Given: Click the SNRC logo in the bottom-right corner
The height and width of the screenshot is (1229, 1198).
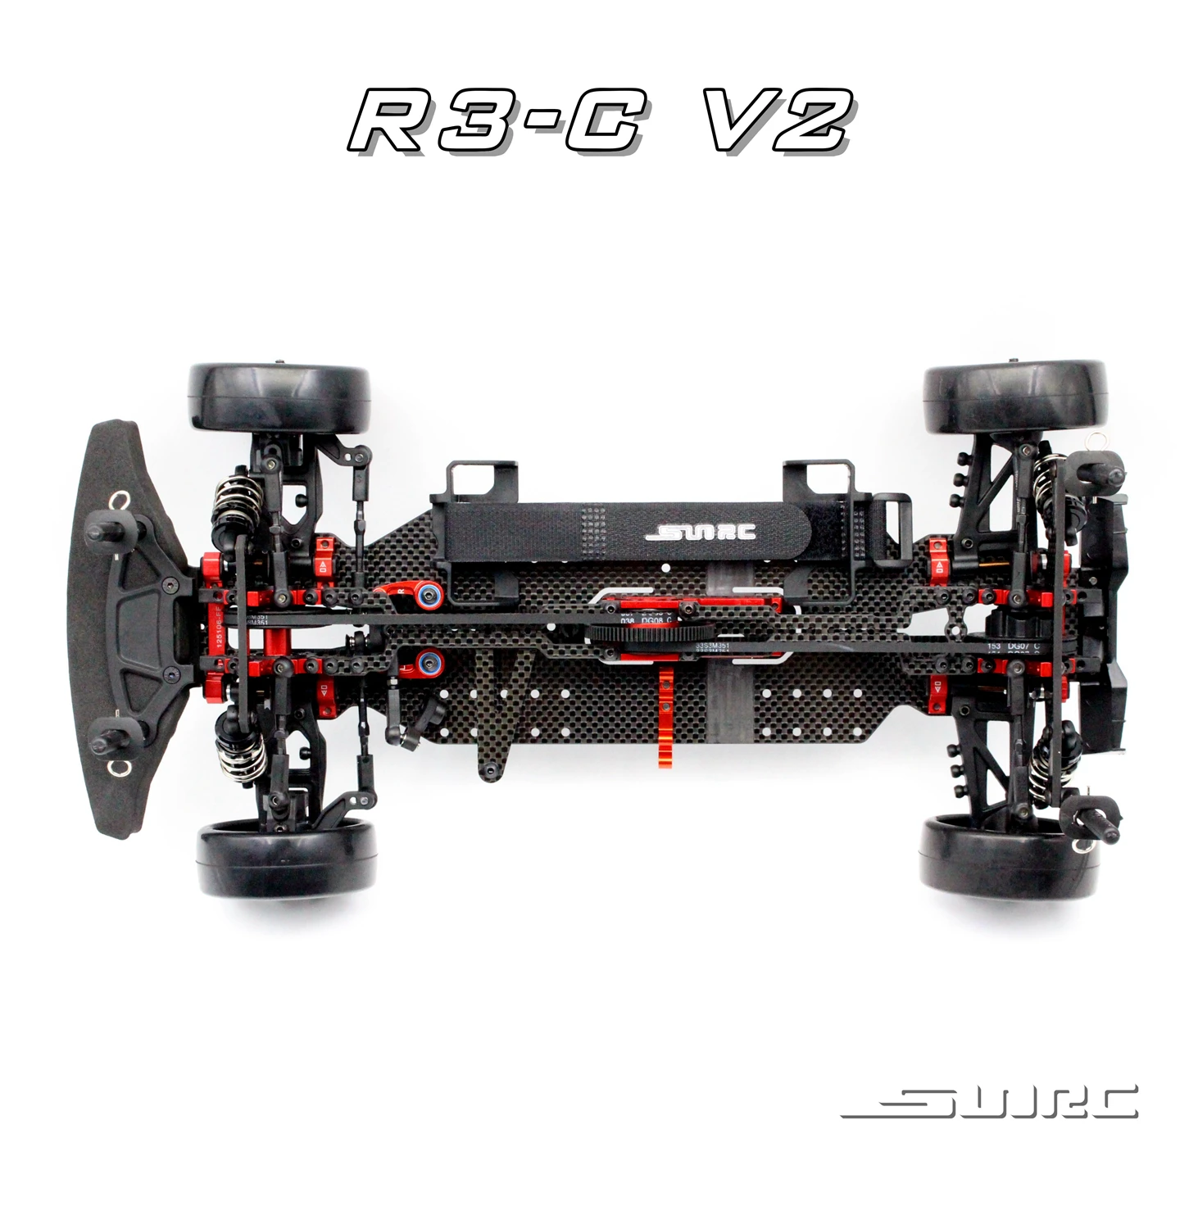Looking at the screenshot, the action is [x=989, y=1102].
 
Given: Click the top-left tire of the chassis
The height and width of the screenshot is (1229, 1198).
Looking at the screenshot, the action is [x=279, y=397].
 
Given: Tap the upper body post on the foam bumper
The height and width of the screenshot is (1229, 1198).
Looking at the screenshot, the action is [x=102, y=528].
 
